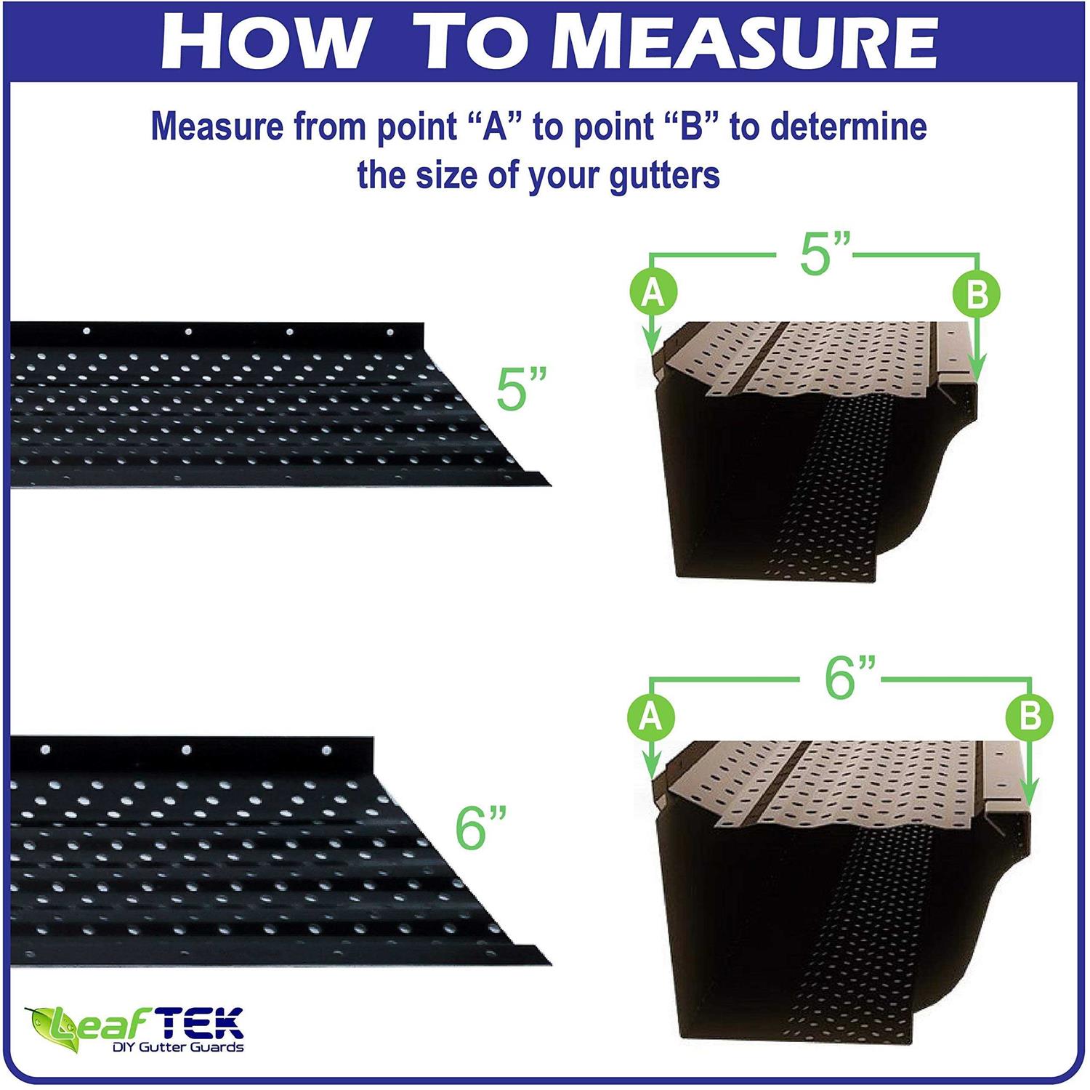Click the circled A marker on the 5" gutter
(x=653, y=294)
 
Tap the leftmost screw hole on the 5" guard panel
(x=86, y=331)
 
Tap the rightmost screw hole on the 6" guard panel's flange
(x=326, y=749)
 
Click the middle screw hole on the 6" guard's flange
(x=186, y=749)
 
